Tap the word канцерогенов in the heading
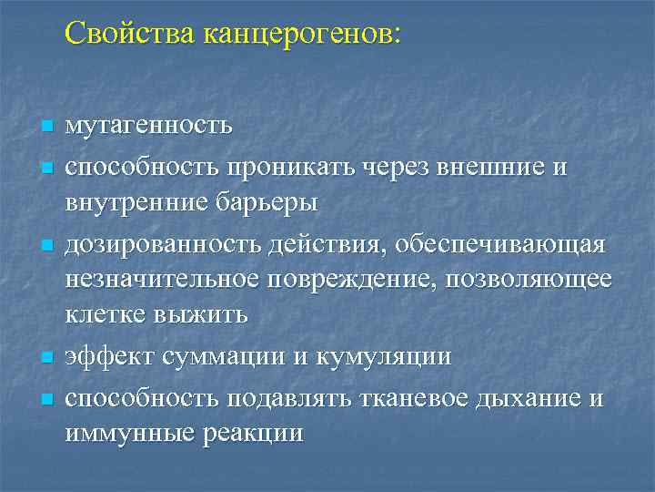pos(301,35)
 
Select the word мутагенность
pos(148,125)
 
